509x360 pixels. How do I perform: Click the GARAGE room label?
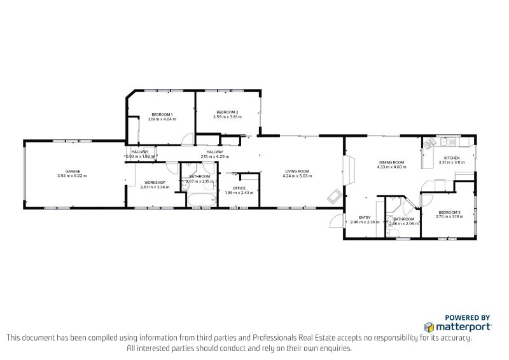pyautogui.click(x=71, y=171)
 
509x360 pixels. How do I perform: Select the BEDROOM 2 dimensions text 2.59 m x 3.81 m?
pyautogui.click(x=227, y=116)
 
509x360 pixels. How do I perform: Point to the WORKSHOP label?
pyautogui.click(x=155, y=183)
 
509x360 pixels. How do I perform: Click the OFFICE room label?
pyautogui.click(x=239, y=188)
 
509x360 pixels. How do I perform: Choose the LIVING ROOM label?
pyautogui.click(x=297, y=171)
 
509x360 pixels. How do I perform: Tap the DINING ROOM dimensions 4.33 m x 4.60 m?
pyautogui.click(x=392, y=167)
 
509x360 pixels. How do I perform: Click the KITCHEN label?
pyautogui.click(x=452, y=158)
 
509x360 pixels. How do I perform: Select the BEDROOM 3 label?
pyautogui.click(x=449, y=212)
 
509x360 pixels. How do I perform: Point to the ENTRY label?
pyautogui.click(x=365, y=218)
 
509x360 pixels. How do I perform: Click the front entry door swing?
pyautogui.click(x=336, y=221)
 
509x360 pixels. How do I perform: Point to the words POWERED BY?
pyautogui.click(x=466, y=317)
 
